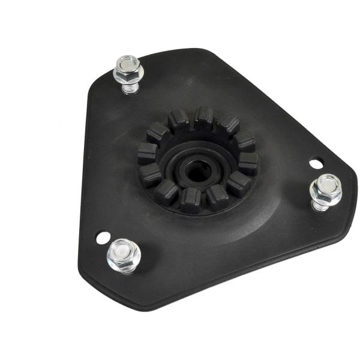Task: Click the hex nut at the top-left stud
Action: coord(128,71)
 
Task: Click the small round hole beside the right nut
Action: coord(315,162)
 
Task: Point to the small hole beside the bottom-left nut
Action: coord(103,238)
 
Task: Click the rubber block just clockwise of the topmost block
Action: coord(227,125)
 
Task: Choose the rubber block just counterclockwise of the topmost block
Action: coord(179,120)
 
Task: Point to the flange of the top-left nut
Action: coord(129,79)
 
